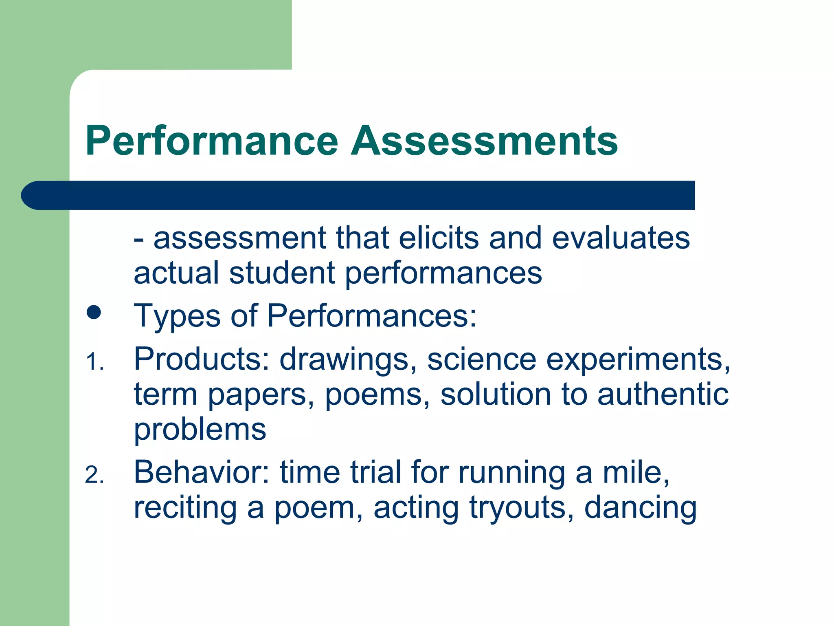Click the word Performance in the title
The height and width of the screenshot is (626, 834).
coord(212,141)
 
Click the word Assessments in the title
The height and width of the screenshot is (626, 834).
coord(484,141)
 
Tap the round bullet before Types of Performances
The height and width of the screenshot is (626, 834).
coord(94,313)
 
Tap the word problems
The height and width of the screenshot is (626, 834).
coord(200,430)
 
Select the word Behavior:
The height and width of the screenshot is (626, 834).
coord(202,472)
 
